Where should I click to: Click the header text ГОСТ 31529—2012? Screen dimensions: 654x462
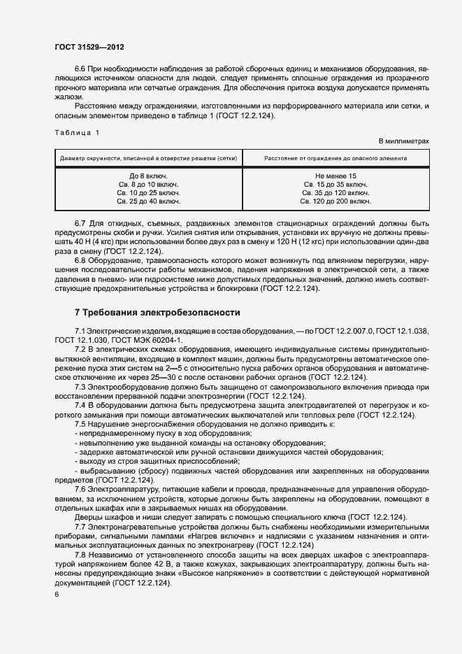[x=89, y=47]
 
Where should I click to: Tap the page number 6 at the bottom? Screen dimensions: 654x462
[x=57, y=594]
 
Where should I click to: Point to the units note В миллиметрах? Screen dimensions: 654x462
[x=403, y=141]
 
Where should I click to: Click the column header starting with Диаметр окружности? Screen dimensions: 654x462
[x=148, y=158]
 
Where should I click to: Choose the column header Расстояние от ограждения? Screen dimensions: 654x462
[x=335, y=158]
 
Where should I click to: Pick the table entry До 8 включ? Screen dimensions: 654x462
[x=149, y=176]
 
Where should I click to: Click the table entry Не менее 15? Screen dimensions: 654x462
[x=335, y=176]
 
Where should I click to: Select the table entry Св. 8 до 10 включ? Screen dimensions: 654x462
[x=149, y=184]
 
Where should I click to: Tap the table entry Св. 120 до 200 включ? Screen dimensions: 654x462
[x=335, y=201]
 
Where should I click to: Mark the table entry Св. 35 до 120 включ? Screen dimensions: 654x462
[x=335, y=192]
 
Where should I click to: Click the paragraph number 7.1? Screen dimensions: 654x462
[x=80, y=329]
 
